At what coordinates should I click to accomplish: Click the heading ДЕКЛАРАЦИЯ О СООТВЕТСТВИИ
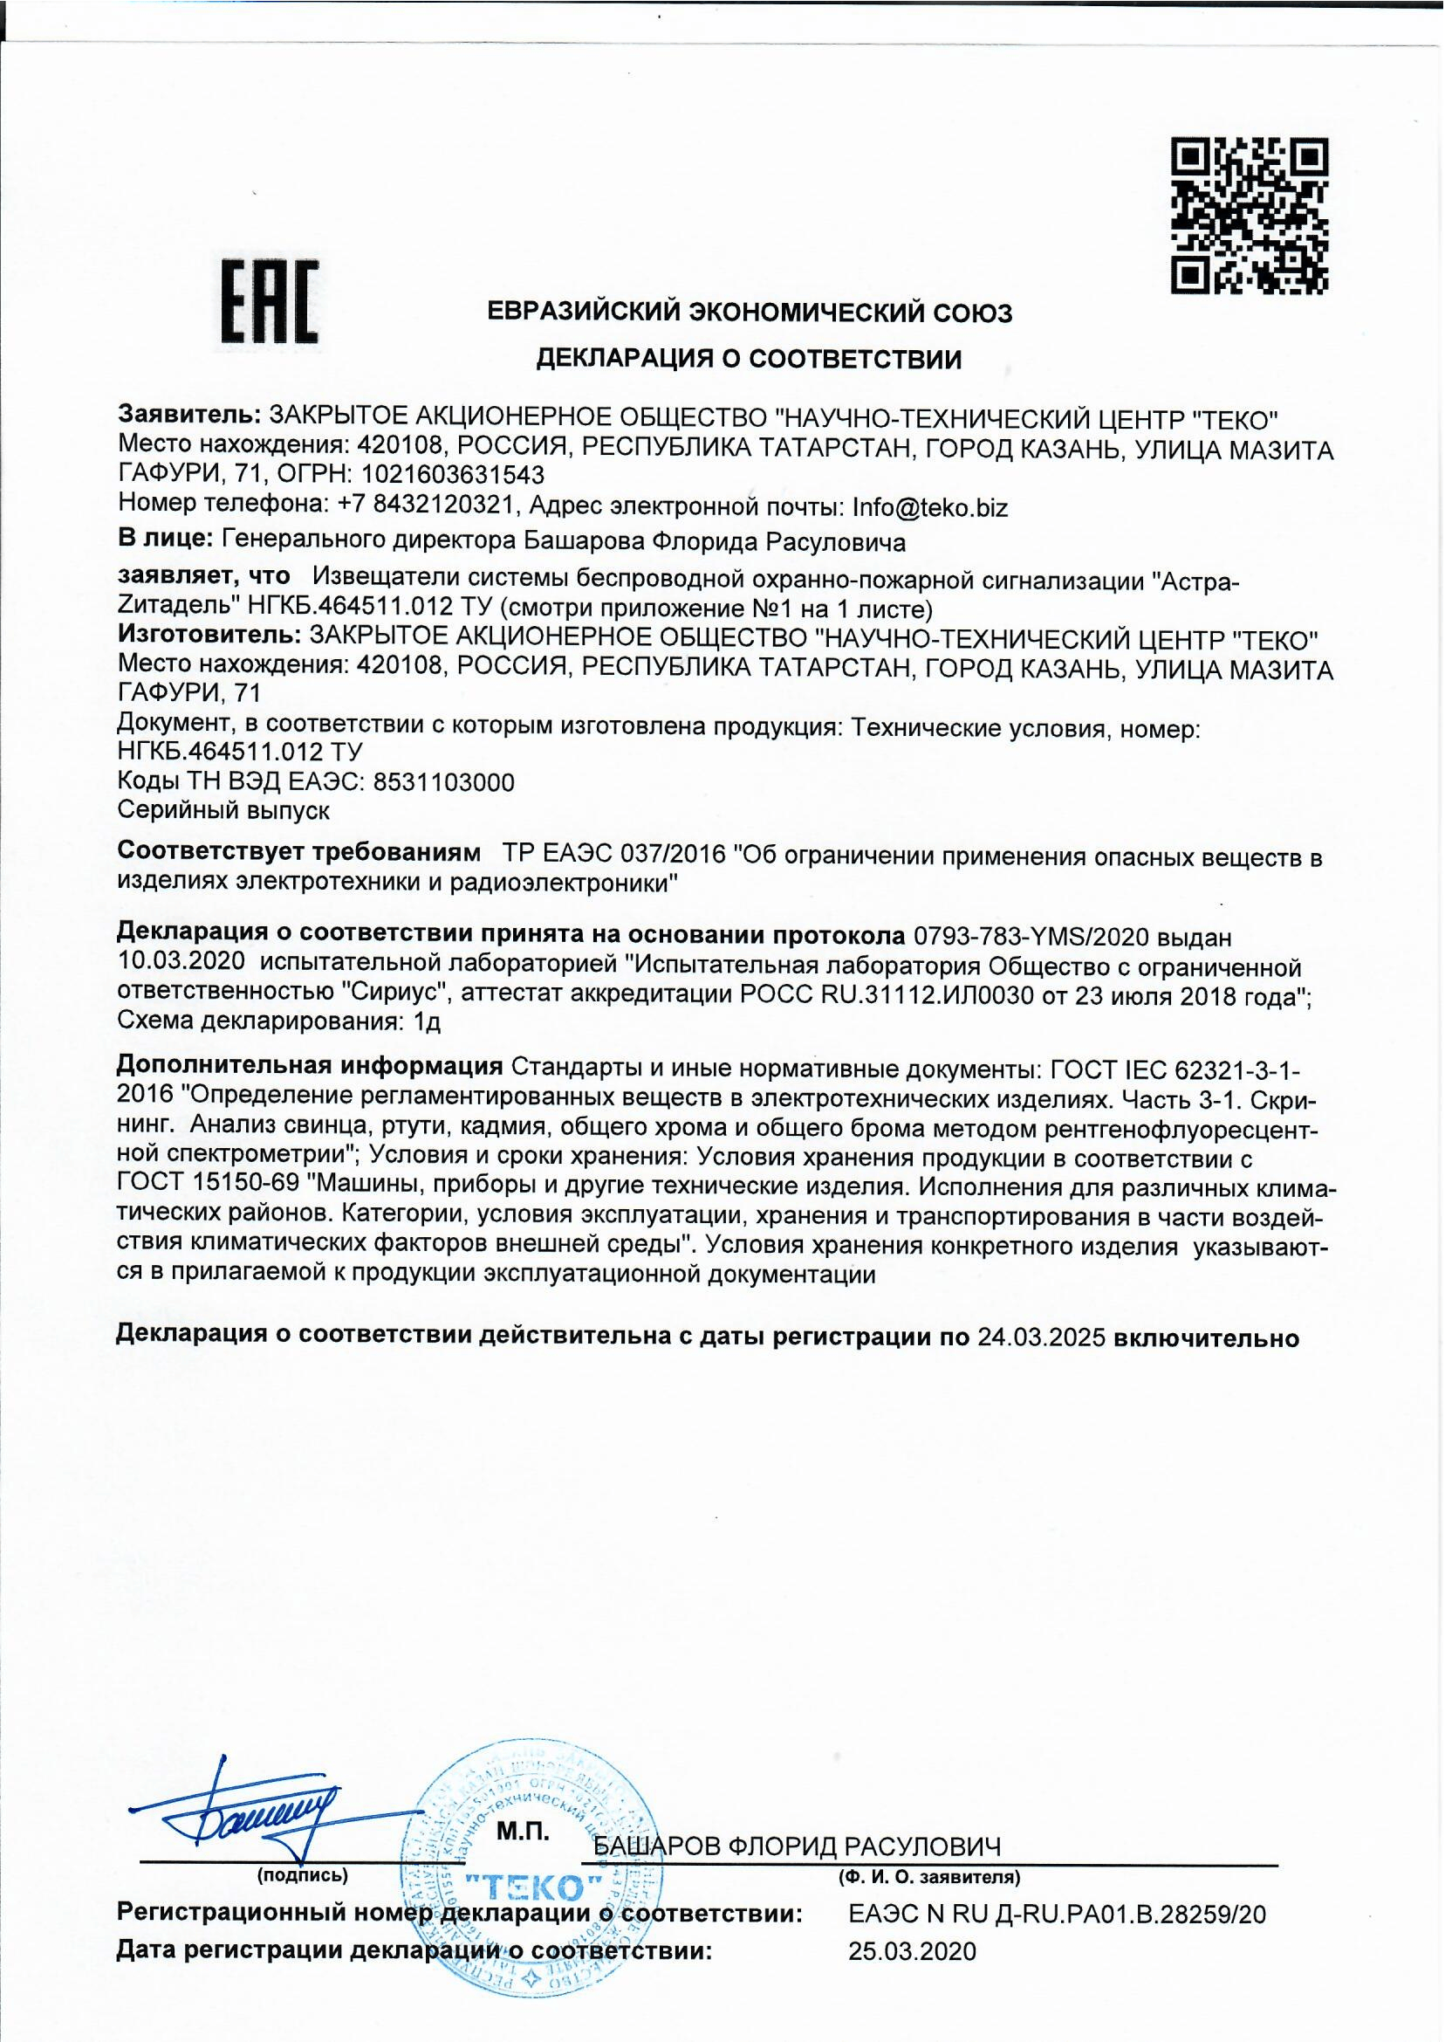pyautogui.click(x=750, y=359)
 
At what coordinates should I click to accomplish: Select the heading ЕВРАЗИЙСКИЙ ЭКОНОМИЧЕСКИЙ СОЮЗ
pyautogui.click(x=750, y=313)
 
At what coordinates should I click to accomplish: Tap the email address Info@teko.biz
pyautogui.click(x=930, y=507)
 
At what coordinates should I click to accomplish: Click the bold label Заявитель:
pyautogui.click(x=188, y=416)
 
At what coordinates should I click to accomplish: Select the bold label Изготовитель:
pyautogui.click(x=209, y=638)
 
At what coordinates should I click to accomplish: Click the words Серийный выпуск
pyautogui.click(x=224, y=810)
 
